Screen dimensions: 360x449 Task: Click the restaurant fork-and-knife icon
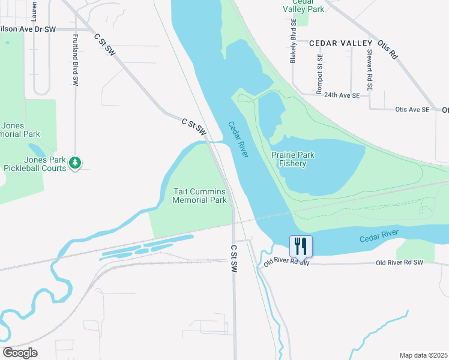pyautogui.click(x=301, y=245)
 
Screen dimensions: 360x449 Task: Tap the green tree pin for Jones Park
pyautogui.click(x=75, y=162)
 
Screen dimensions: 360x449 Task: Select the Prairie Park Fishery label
pyautogui.click(x=293, y=159)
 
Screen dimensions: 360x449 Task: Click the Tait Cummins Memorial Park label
pyautogui.click(x=200, y=196)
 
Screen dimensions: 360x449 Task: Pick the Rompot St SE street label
pyautogui.click(x=320, y=75)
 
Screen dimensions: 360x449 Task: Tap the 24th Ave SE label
pyautogui.click(x=342, y=95)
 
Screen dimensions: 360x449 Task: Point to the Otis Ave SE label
pyautogui.click(x=412, y=110)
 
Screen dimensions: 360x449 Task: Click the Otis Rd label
pyautogui.click(x=387, y=48)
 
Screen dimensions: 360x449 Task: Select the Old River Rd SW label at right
pyautogui.click(x=400, y=263)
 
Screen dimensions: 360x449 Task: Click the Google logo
pyautogui.click(x=20, y=353)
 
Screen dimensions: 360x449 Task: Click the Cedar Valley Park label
pyautogui.click(x=303, y=6)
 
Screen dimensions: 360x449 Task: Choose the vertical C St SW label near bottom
pyautogui.click(x=234, y=259)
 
